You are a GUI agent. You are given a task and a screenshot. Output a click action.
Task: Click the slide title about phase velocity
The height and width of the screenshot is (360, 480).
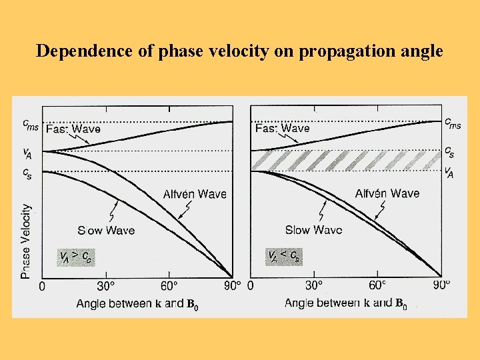(x=239, y=51)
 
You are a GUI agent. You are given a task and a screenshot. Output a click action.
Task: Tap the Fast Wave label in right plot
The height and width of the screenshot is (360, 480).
(x=282, y=128)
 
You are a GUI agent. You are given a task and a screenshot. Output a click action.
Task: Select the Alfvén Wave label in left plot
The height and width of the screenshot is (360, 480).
(x=195, y=194)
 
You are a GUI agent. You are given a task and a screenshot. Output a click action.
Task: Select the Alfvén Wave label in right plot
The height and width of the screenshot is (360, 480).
(x=387, y=193)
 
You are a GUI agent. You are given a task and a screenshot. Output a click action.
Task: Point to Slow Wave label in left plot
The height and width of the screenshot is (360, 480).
(x=106, y=231)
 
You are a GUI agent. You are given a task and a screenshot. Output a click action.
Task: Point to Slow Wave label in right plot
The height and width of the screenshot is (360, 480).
(x=313, y=230)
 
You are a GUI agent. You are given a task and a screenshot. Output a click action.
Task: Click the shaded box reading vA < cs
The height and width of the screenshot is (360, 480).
(x=285, y=256)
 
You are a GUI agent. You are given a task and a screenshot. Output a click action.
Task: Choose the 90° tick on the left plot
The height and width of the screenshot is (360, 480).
(x=232, y=287)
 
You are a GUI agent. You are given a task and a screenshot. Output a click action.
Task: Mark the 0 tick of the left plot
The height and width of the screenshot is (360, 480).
(x=42, y=287)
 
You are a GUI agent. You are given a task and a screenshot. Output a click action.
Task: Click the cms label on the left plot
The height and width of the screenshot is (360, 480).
(x=31, y=124)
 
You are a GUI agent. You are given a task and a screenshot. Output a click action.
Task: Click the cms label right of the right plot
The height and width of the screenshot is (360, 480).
(x=453, y=123)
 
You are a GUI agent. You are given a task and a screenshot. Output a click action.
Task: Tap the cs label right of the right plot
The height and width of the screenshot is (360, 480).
(x=451, y=151)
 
